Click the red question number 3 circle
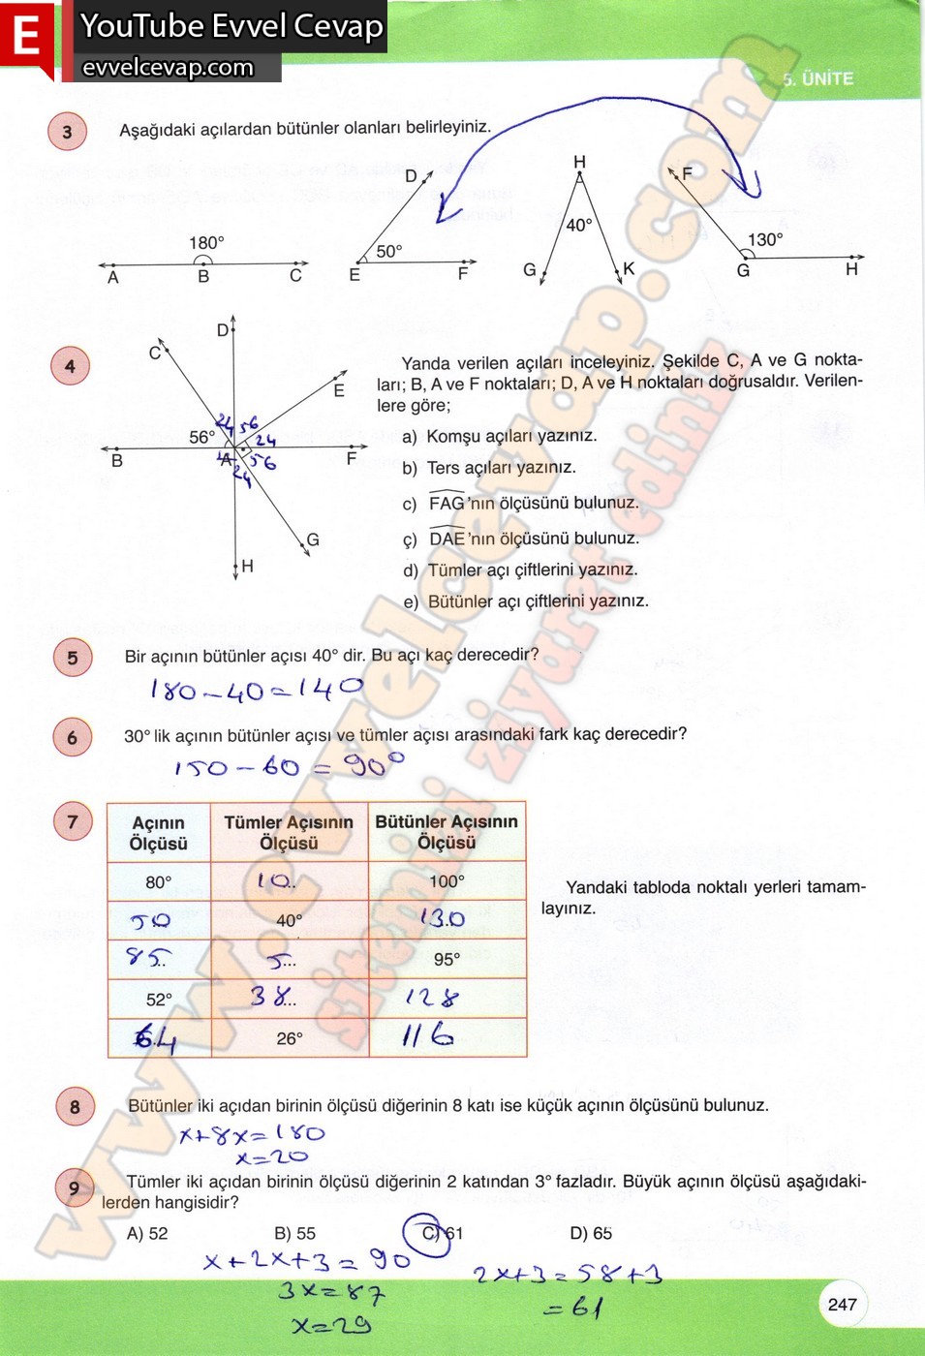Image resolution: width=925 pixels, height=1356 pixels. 67,132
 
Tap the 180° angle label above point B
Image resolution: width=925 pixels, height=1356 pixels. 206,242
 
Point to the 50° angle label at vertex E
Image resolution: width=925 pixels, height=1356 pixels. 388,251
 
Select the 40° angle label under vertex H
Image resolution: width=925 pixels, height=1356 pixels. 578,225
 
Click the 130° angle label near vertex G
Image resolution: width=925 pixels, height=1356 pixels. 764,239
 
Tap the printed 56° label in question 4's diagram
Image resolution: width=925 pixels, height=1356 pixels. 201,437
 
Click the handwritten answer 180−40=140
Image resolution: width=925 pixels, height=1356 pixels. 257,690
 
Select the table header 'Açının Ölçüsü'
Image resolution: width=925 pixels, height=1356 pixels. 159,833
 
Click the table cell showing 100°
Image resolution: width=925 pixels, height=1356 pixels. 447,881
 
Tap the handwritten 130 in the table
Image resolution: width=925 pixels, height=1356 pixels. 442,918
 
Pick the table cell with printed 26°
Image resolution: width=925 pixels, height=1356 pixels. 290,1038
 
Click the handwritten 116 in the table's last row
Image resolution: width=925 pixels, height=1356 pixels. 427,1036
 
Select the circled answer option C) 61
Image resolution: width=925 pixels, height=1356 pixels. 443,1233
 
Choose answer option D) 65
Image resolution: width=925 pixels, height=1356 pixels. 591,1233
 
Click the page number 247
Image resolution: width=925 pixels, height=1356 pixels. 842,1304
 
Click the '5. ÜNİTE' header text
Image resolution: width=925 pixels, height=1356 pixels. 817,79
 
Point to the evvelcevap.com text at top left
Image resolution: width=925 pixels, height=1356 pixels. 168,67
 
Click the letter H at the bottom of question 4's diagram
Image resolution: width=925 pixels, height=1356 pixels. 247,566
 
